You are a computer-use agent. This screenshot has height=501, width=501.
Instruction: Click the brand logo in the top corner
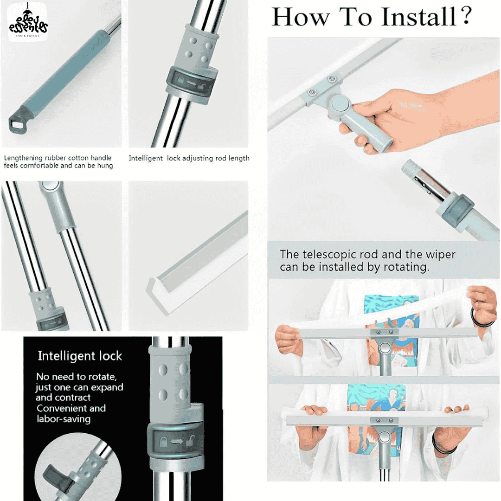pyautogui.click(x=28, y=22)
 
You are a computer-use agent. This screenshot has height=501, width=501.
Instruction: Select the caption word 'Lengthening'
pyautogui.click(x=23, y=158)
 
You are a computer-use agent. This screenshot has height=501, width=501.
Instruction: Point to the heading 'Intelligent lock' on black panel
pyautogui.click(x=80, y=356)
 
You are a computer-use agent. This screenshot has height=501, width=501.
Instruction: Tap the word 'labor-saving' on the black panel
pyautogui.click(x=64, y=419)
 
